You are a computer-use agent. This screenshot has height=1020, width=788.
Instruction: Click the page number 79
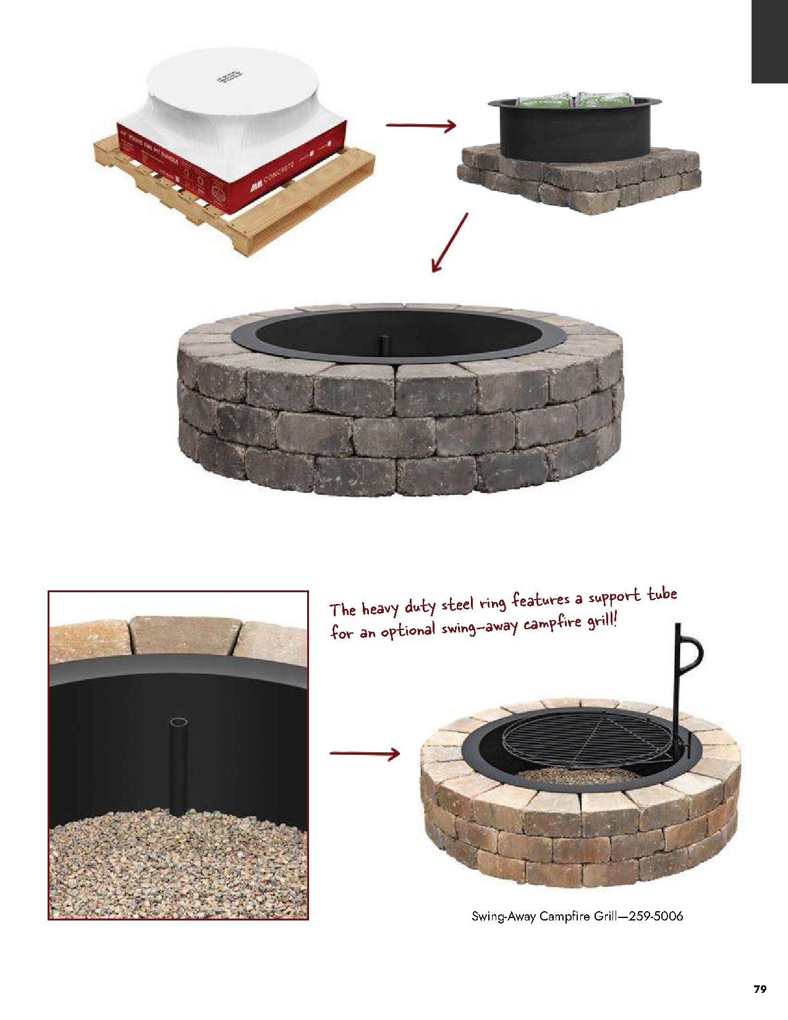[x=760, y=989]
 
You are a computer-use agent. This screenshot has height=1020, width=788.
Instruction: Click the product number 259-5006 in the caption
[x=656, y=916]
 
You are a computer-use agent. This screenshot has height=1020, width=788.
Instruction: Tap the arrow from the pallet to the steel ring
[x=421, y=125]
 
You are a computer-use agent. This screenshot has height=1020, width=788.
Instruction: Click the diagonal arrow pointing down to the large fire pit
[x=449, y=242]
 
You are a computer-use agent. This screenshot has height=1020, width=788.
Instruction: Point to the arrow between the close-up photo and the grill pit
[x=365, y=754]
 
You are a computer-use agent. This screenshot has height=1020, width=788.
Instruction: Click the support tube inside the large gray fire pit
[x=384, y=344]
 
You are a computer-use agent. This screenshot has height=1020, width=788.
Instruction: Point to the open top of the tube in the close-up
[x=179, y=722]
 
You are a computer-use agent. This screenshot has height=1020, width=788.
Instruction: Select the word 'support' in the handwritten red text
[x=614, y=597]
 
